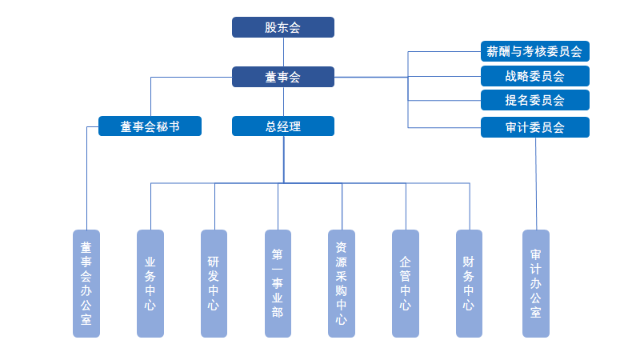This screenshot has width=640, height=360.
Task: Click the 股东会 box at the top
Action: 283,27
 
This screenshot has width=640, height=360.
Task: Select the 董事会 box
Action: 283,77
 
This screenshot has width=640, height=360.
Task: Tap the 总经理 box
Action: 283,126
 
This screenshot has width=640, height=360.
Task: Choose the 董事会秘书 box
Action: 150,126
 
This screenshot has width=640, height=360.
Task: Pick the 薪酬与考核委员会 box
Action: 534,52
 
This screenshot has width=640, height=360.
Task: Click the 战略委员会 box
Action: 534,77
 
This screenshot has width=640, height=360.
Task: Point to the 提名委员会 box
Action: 534,101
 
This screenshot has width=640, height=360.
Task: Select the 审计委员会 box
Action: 534,126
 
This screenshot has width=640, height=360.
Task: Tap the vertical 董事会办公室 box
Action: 86,283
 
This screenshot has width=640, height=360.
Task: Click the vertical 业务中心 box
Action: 150,283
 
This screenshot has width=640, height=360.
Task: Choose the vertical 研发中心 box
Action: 214,283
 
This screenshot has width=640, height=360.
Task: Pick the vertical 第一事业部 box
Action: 278,283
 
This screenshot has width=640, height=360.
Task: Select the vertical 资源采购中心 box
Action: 342,283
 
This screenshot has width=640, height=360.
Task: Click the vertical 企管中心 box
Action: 406,283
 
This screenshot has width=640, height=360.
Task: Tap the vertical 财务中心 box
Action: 469,283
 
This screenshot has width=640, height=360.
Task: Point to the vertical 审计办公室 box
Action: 536,283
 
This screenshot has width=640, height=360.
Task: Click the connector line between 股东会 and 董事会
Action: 283,52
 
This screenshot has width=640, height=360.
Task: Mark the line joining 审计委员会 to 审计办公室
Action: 536,184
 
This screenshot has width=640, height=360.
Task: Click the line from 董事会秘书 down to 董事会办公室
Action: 86,184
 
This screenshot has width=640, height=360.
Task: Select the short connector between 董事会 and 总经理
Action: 283,102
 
